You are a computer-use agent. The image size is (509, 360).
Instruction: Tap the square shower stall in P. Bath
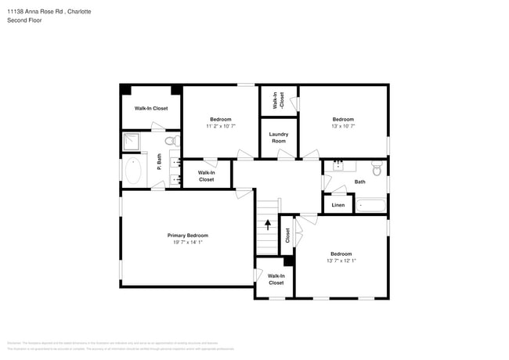click(132, 142)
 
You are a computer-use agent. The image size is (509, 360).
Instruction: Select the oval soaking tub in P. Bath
click(132, 171)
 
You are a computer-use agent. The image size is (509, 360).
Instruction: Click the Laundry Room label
click(278, 137)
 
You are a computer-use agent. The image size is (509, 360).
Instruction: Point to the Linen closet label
click(338, 205)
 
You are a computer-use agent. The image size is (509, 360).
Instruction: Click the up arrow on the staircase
click(267, 225)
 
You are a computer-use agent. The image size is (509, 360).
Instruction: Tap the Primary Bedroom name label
click(187, 236)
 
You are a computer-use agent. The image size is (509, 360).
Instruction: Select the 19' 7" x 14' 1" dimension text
click(187, 243)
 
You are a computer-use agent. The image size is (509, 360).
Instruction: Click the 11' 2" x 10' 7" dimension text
click(220, 126)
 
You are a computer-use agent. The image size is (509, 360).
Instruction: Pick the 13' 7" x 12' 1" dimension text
click(341, 261)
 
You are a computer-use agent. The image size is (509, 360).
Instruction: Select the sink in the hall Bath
click(338, 166)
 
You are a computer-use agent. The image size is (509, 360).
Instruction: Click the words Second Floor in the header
click(25, 20)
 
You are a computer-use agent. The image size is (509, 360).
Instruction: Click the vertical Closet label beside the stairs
click(287, 234)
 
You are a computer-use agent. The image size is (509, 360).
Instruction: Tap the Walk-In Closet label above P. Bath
click(150, 108)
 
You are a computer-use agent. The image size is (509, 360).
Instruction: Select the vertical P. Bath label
click(159, 162)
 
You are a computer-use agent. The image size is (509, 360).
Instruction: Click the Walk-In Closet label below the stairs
click(276, 279)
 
